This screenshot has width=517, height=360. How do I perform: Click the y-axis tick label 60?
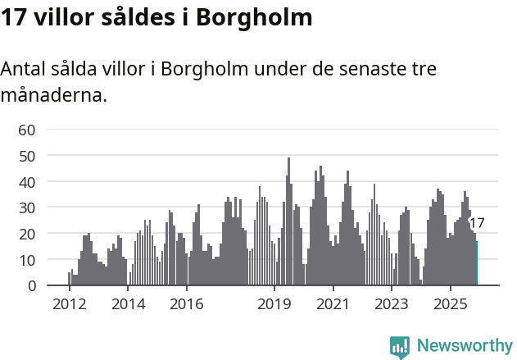pos(26,130)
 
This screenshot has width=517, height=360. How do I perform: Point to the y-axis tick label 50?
pos(26,156)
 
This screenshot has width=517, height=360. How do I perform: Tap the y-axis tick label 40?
pos(26,181)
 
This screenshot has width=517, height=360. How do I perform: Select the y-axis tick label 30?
pos(26,207)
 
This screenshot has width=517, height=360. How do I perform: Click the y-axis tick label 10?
pos(26,260)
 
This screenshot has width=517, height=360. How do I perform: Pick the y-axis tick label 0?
pos(30,286)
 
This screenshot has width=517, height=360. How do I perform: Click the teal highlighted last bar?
pos(476,263)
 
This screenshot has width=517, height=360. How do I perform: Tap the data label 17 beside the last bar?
pos(477,223)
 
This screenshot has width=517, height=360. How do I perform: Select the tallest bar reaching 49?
pos(288,221)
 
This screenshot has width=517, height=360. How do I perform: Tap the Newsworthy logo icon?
pos(400,347)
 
